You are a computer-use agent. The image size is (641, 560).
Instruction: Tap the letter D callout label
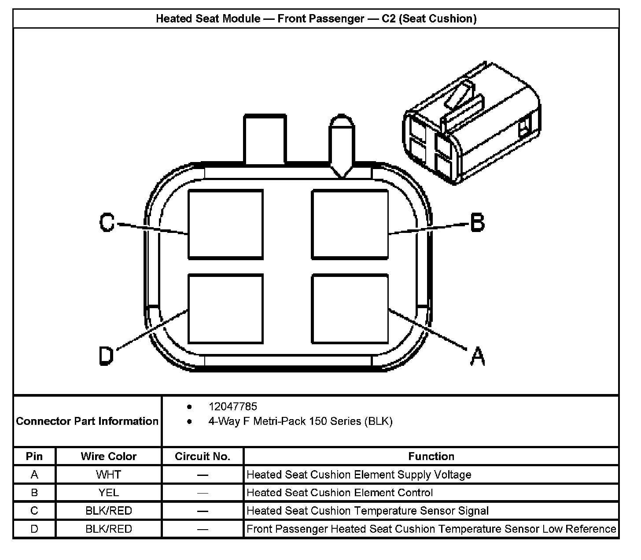click(x=106, y=355)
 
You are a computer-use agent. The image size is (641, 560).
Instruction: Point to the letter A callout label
click(x=477, y=356)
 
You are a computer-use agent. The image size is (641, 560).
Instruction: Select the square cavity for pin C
click(x=225, y=224)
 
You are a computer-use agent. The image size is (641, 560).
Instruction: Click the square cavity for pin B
click(x=350, y=224)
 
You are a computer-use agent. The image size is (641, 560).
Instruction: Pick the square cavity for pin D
click(x=225, y=309)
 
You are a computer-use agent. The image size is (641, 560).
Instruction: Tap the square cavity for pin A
click(x=350, y=309)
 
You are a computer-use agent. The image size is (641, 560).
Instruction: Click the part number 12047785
click(x=232, y=406)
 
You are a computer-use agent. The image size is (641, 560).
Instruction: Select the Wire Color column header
click(x=108, y=457)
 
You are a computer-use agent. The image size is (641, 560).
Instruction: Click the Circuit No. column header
click(x=203, y=457)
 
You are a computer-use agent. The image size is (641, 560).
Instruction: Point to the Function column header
click(x=431, y=457)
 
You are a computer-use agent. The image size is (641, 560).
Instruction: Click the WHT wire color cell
click(x=108, y=475)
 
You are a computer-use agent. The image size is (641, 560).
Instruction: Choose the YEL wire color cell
click(x=108, y=493)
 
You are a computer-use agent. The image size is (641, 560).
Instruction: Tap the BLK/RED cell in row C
click(x=108, y=511)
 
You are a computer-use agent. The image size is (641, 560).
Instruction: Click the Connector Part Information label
click(x=87, y=421)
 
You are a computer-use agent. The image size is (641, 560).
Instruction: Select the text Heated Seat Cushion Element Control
click(x=339, y=493)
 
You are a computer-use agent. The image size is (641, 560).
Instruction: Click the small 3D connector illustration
click(x=471, y=125)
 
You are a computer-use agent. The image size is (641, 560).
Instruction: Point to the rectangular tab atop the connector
click(x=265, y=139)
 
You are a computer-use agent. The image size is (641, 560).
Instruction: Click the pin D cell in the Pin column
click(x=34, y=529)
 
